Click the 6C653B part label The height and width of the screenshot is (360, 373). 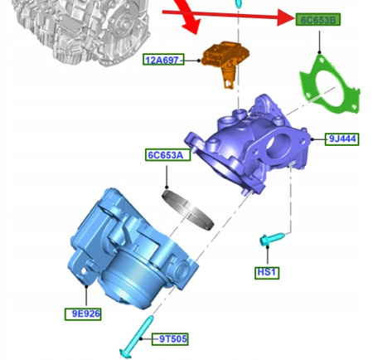(317, 20)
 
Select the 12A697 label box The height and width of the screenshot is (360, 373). (163, 60)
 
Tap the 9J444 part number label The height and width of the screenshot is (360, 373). (342, 139)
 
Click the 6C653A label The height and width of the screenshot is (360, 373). (167, 155)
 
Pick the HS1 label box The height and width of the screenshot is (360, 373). (267, 273)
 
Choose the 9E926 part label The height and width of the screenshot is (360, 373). (83, 314)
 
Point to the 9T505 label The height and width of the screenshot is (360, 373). (170, 339)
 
